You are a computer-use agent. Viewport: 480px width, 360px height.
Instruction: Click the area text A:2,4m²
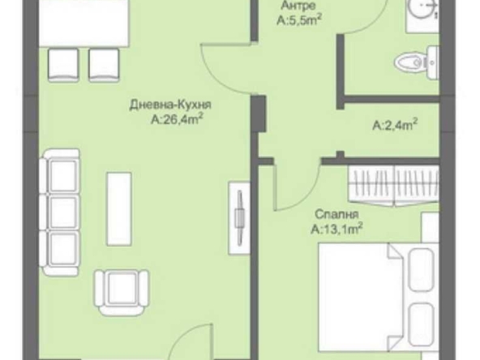395,125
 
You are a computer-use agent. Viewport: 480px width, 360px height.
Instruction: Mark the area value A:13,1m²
336,229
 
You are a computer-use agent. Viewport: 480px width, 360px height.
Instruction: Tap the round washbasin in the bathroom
421,12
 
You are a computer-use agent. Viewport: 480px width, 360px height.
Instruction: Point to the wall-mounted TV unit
239,213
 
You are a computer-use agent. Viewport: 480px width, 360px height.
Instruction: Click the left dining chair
65,63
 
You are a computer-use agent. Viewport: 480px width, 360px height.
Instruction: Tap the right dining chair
103,63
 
